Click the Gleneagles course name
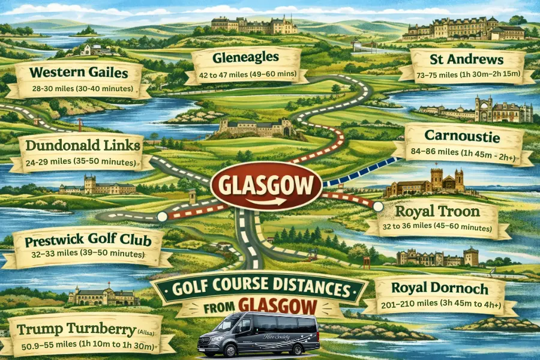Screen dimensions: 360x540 tap(245, 58)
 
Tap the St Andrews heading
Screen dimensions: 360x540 tap(466, 59)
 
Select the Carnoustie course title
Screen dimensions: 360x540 tap(462, 136)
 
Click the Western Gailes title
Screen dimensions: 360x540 tap(79, 73)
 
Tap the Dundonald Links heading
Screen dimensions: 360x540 tap(80, 145)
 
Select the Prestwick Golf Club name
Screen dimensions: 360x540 tap(85, 242)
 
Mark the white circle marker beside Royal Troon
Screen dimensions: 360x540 tap(377, 206)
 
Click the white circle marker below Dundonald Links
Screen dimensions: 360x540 tap(161, 216)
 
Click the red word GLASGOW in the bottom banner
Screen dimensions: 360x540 tap(277, 305)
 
